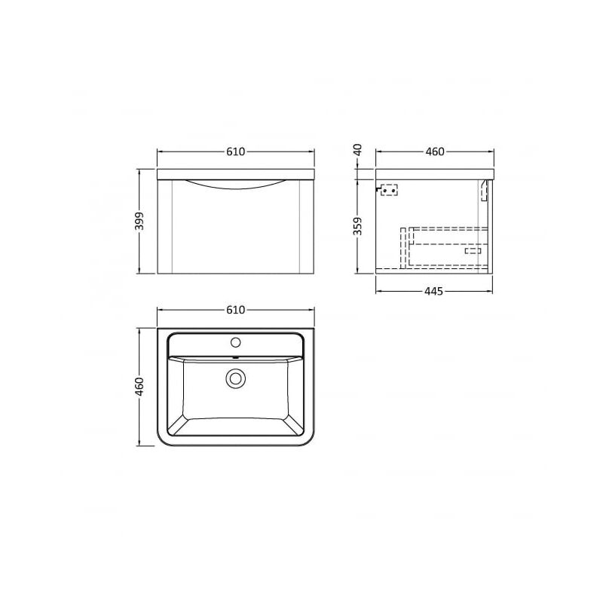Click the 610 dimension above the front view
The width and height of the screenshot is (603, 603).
click(235, 152)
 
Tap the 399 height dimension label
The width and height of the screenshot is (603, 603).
click(138, 221)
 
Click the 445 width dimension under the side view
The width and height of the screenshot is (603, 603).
click(433, 291)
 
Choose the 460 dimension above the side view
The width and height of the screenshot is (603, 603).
click(434, 152)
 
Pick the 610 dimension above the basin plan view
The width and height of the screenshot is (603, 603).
click(235, 310)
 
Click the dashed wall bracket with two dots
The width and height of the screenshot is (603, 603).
click(388, 190)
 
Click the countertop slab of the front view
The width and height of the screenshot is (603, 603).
click(235, 174)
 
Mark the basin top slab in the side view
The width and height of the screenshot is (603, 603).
click(433, 174)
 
